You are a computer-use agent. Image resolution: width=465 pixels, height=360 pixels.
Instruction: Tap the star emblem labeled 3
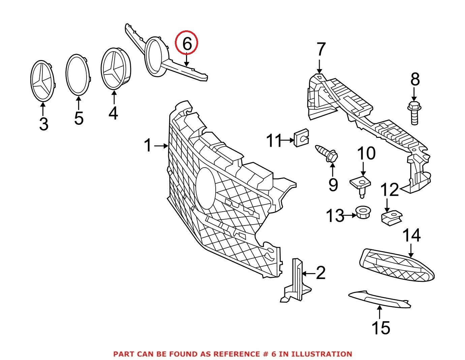click(x=43, y=81)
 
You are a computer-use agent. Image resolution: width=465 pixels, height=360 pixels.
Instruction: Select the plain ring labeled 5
click(x=78, y=75)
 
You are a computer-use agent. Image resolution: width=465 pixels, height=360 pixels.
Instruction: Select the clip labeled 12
click(x=392, y=217)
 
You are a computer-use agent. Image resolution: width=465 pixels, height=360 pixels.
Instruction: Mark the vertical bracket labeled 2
click(x=296, y=280)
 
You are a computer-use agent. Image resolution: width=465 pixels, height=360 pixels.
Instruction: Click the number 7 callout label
click(x=321, y=50)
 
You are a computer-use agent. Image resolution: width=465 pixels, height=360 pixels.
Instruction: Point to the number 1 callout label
click(x=148, y=146)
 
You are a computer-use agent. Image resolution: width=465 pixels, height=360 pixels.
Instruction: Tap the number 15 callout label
click(x=381, y=328)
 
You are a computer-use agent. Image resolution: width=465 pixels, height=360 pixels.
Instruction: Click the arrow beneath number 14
click(x=411, y=251)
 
